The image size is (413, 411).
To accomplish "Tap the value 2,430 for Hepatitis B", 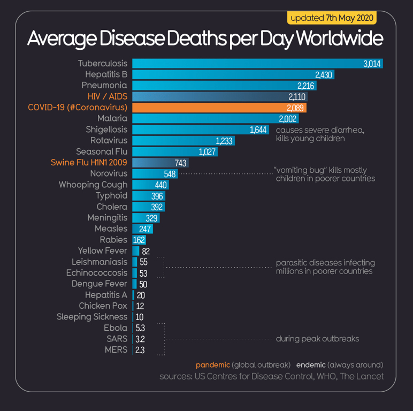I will pos(324,74).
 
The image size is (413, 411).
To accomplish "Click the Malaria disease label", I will pos(112,118).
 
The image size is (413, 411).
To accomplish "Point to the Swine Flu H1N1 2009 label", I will pos(89,162).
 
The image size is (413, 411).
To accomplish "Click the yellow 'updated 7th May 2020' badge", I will pos(332,18).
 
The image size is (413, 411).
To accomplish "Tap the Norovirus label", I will pos(109,173).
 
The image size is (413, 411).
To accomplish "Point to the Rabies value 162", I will pos(139,240).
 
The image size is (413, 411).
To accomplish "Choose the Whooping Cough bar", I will pos(142,185).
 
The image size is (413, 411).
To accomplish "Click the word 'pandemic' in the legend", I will pos(212,364).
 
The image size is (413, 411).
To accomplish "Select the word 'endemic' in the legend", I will pos(311,364).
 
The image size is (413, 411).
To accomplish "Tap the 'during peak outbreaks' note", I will pos(317,339).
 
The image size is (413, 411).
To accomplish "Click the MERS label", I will pos(116,350).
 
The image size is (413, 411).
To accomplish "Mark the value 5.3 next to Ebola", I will pos(140,328).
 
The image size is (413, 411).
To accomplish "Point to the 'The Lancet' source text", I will pos(364,376).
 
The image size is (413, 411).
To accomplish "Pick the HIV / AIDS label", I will pos(108,96).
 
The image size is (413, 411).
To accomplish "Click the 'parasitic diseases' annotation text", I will pos(325,267).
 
